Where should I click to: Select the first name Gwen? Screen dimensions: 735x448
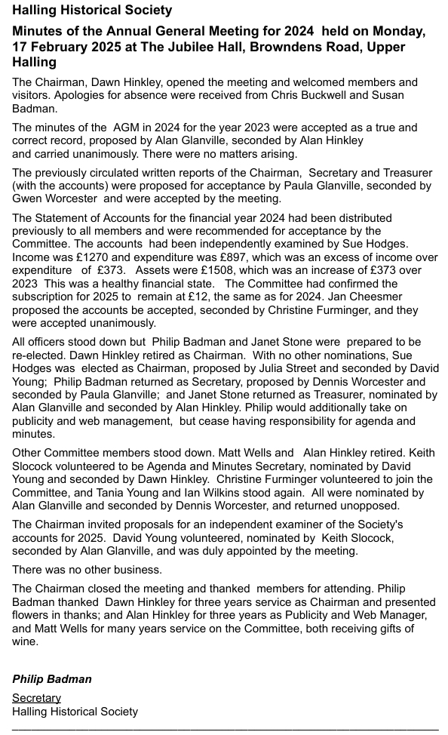coord(26,198)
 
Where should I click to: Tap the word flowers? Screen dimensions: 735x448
coord(32,615)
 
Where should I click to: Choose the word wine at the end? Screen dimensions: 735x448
coord(26,641)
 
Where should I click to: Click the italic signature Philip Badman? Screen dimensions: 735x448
coord(51,679)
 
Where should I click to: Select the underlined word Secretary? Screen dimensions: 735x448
coord(36,698)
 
